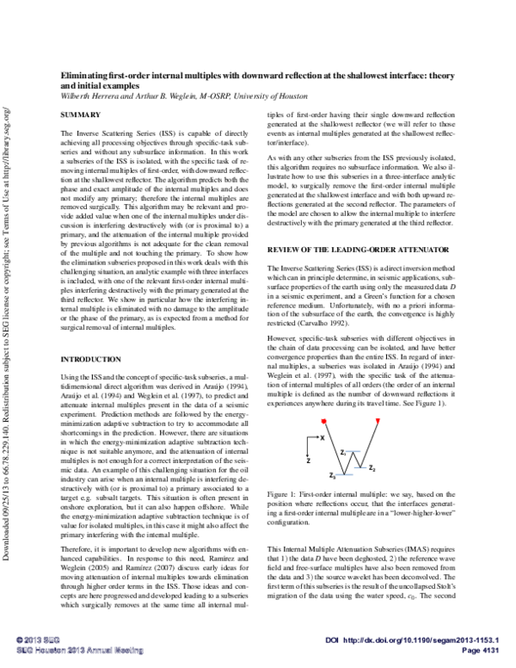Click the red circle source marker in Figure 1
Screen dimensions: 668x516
pyautogui.click(x=323, y=419)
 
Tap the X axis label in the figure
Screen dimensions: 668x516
pyautogui.click(x=321, y=439)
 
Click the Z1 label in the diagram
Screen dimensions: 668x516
pyautogui.click(x=344, y=451)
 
